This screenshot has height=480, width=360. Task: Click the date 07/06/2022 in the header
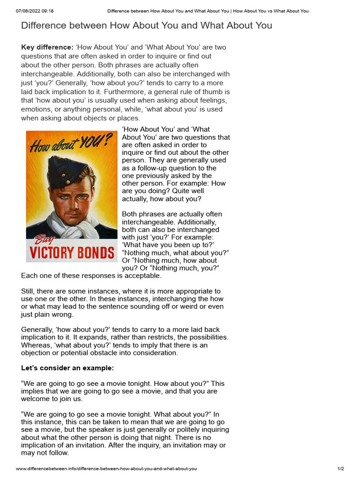click(28, 11)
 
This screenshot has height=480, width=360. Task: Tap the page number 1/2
click(341, 469)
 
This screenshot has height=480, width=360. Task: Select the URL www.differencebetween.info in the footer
click(46, 469)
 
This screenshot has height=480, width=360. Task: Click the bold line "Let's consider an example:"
click(67, 368)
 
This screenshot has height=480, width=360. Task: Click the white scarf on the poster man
click(82, 225)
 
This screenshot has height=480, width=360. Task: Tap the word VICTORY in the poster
click(52, 253)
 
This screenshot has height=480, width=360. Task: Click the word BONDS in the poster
click(96, 253)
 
